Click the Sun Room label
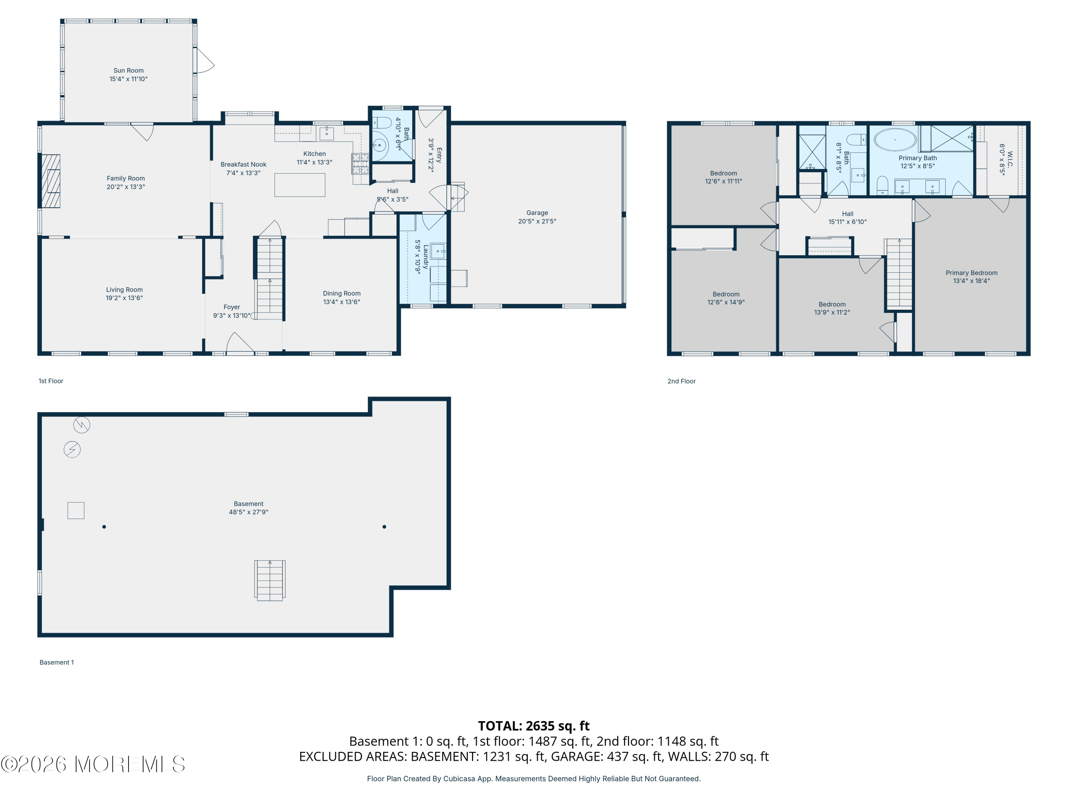[x=129, y=70]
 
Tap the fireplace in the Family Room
[x=51, y=181]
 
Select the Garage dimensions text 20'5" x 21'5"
[x=537, y=221]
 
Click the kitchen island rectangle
[x=300, y=184]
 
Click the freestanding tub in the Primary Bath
[x=895, y=140]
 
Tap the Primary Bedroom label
[x=972, y=273]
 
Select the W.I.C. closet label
[x=1010, y=159]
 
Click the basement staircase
[x=270, y=580]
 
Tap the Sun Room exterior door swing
[x=205, y=61]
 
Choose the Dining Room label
[x=342, y=294]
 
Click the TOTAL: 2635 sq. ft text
[x=534, y=726]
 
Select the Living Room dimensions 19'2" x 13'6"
[x=124, y=298]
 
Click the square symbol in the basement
[x=76, y=511]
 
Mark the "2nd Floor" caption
[x=681, y=381]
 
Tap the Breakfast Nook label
[x=244, y=164]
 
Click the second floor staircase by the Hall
[x=899, y=274]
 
